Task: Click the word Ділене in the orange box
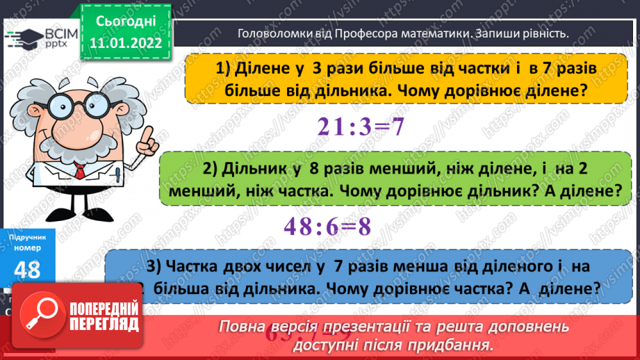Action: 261,69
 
